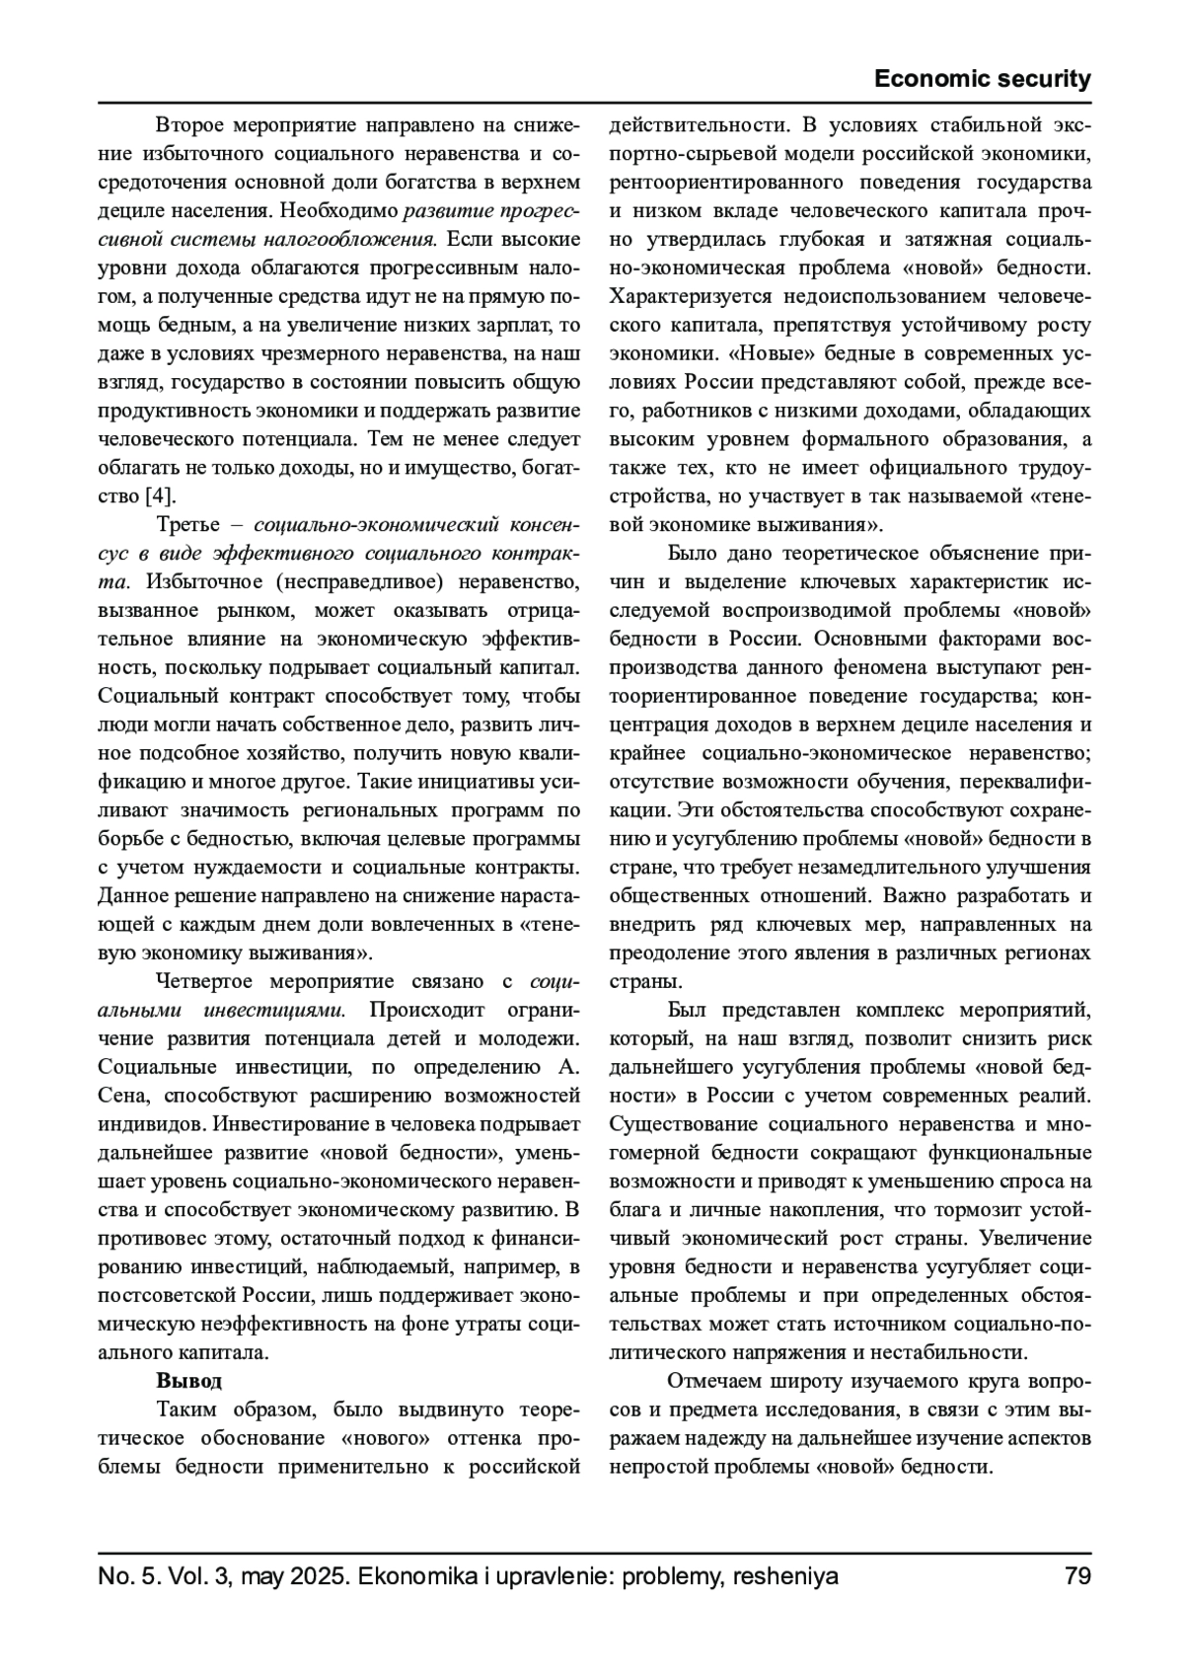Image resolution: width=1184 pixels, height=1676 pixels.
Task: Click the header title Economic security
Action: pos(982,80)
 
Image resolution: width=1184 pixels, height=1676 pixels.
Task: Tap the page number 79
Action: pos(1077,1576)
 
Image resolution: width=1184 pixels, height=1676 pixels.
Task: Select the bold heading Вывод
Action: pos(188,1380)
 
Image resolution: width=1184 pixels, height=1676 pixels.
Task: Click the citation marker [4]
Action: pos(160,495)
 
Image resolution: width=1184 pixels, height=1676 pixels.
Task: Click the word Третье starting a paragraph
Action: pos(187,524)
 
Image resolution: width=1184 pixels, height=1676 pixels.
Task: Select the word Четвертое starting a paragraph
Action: pos(205,982)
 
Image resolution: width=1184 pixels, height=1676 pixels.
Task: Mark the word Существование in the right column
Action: pos(683,1124)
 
